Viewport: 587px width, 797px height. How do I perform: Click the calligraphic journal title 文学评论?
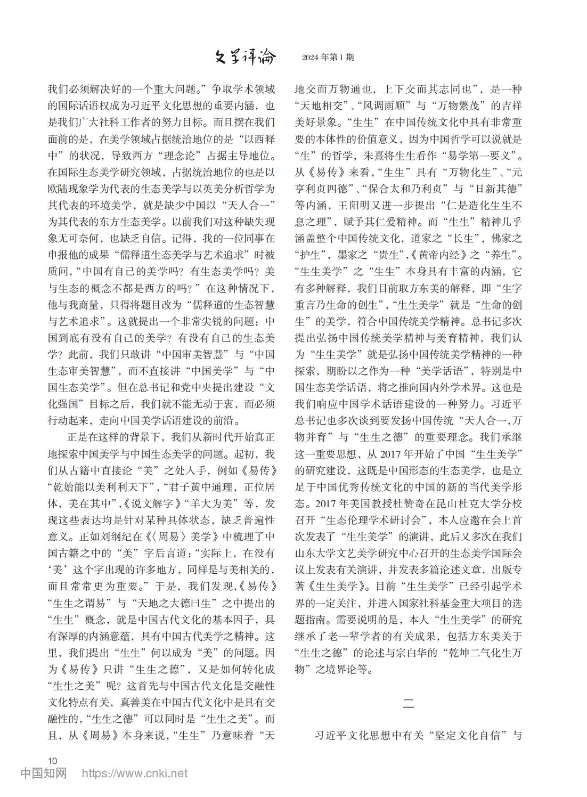(244, 56)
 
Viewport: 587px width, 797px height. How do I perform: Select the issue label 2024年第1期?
(327, 58)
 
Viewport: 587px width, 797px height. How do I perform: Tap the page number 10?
(52, 760)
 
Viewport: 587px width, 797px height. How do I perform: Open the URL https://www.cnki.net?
(134, 773)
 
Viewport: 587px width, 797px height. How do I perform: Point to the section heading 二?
(407, 703)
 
